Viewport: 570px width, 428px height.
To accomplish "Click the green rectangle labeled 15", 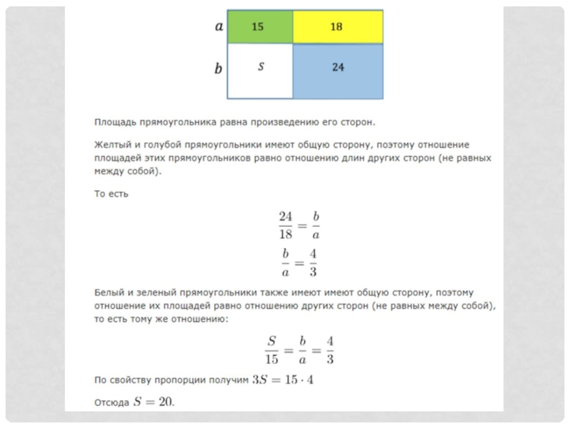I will (x=259, y=26).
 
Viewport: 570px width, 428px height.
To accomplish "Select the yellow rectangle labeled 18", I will (x=338, y=26).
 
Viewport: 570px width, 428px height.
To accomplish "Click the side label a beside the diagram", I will (x=219, y=26).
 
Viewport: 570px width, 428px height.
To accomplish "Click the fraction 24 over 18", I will (x=286, y=225).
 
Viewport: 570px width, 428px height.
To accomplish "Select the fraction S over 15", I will (x=272, y=349).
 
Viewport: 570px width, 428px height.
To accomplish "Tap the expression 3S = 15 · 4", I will (x=283, y=379).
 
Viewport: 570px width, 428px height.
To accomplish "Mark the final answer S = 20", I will (x=154, y=402).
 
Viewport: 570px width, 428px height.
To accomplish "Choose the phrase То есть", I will (x=111, y=193).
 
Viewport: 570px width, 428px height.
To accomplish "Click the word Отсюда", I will (x=111, y=402).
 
